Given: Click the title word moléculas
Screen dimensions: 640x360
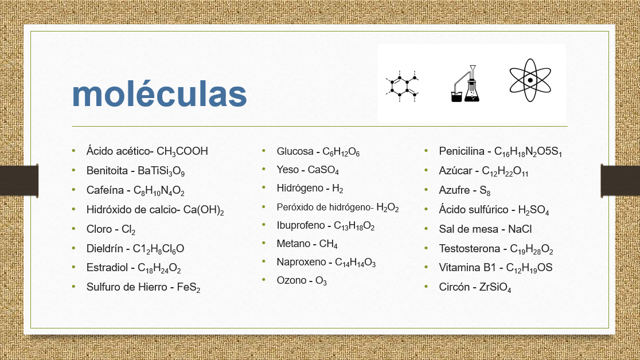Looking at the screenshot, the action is coord(159,94).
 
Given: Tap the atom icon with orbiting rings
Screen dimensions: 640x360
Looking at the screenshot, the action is coord(530,80).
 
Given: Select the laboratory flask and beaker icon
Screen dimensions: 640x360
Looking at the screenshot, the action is coord(465,84).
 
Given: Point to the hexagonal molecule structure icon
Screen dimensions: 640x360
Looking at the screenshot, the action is coord(402,86).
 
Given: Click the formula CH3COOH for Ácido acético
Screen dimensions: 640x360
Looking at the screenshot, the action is coord(182,151).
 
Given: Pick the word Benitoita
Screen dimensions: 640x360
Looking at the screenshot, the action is coord(107,171).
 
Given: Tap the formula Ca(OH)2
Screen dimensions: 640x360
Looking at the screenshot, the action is coord(203,210).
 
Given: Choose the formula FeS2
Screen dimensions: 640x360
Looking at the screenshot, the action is coord(189,288).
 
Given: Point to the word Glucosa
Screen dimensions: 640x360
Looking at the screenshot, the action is coord(295,151).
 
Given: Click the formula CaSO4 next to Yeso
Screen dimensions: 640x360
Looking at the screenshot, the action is coord(323,170).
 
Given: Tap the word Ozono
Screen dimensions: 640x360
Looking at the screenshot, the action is coord(291,280).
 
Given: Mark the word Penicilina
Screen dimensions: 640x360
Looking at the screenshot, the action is coord(462,151).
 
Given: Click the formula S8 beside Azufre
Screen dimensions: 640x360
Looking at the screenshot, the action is coord(485,191).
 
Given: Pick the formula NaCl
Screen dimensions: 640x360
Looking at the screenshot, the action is coord(520,229).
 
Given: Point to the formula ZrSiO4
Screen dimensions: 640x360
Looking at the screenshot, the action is coord(495,288).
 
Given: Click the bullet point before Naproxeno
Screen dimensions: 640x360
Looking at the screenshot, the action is coord(264,261).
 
